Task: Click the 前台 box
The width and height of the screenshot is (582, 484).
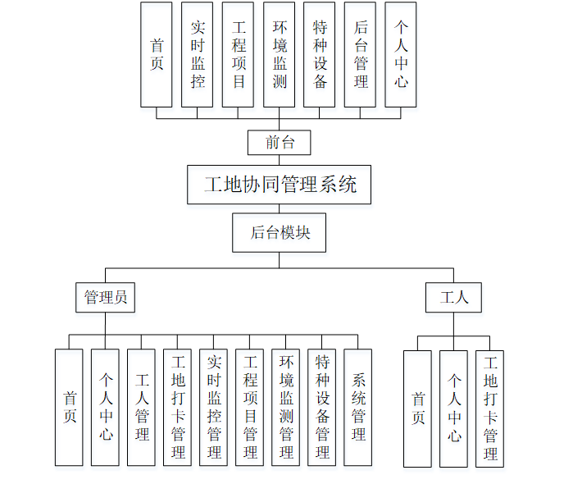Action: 280,143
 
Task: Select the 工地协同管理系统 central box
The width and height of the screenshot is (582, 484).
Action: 279,185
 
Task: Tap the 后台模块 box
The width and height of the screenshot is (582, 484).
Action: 279,233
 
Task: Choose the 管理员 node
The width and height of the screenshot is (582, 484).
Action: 106,297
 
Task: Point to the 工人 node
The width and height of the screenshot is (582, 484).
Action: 453,297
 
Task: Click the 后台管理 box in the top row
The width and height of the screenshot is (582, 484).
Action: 361,54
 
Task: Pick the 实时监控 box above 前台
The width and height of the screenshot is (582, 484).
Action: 197,54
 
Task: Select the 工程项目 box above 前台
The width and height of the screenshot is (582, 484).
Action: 238,54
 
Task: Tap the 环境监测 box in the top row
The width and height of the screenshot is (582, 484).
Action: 280,54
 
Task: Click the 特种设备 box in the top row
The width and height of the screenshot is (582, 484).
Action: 320,54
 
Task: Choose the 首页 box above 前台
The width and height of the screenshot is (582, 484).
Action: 156,54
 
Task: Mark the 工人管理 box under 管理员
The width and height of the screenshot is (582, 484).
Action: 141,407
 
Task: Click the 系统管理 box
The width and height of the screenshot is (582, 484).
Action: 357,407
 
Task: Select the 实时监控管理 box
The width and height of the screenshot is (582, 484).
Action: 213,407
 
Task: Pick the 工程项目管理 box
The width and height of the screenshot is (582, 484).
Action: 249,407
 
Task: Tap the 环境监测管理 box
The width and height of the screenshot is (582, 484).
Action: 285,407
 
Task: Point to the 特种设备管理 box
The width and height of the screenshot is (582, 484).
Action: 321,407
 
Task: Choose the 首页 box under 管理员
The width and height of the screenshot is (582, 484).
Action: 69,407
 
